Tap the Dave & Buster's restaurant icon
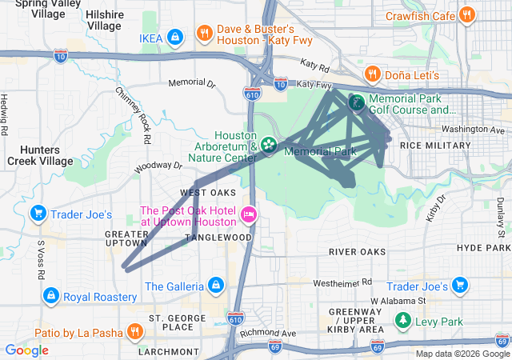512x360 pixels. pyautogui.click(x=205, y=33)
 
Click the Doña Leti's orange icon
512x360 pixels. pyautogui.click(x=372, y=74)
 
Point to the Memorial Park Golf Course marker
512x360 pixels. pyautogui.click(x=356, y=102)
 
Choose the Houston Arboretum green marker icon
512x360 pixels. pyautogui.click(x=269, y=145)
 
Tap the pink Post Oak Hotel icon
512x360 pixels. pyautogui.click(x=248, y=214)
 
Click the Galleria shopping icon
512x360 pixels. pyautogui.click(x=215, y=286)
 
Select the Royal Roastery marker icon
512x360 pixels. pyautogui.click(x=50, y=296)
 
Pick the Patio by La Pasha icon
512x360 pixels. pyautogui.click(x=134, y=331)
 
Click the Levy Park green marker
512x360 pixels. pyautogui.click(x=403, y=321)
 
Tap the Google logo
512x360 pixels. pyautogui.click(x=26, y=350)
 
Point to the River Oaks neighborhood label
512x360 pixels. pyautogui.click(x=357, y=251)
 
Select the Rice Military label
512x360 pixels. pyautogui.click(x=435, y=146)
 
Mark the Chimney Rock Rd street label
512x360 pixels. pyautogui.click(x=134, y=117)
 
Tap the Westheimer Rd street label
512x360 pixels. pyautogui.click(x=342, y=282)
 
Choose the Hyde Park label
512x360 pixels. pyautogui.click(x=482, y=248)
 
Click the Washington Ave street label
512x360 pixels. pyautogui.click(x=474, y=130)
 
